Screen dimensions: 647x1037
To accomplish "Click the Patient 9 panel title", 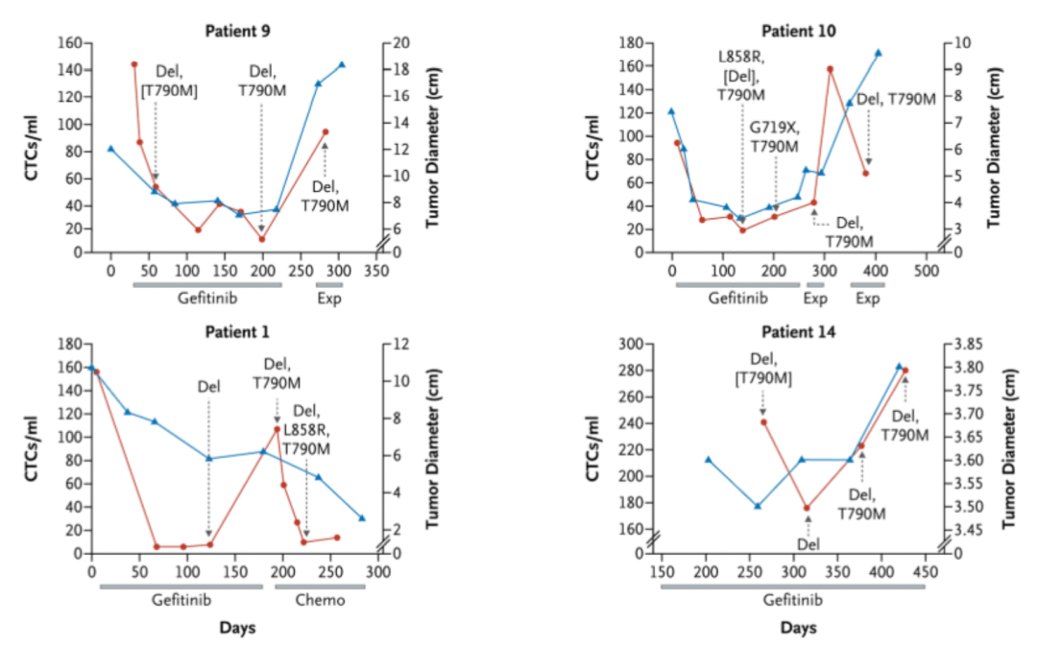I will coord(237,30).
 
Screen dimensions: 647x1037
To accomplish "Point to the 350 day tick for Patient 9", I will coord(375,271).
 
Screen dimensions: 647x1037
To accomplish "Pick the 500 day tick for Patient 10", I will coord(925,271).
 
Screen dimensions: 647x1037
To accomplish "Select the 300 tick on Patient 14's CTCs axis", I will coord(626,344).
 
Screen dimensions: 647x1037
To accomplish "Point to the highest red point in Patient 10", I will coord(830,69).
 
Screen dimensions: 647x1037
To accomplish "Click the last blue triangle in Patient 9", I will coord(342,64).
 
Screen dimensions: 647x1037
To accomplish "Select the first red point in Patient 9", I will coord(133,64).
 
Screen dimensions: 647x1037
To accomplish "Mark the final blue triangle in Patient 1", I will coord(362,517).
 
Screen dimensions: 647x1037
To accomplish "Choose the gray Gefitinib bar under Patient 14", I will coord(792,586).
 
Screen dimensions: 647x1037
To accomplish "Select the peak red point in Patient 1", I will coord(277,429).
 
